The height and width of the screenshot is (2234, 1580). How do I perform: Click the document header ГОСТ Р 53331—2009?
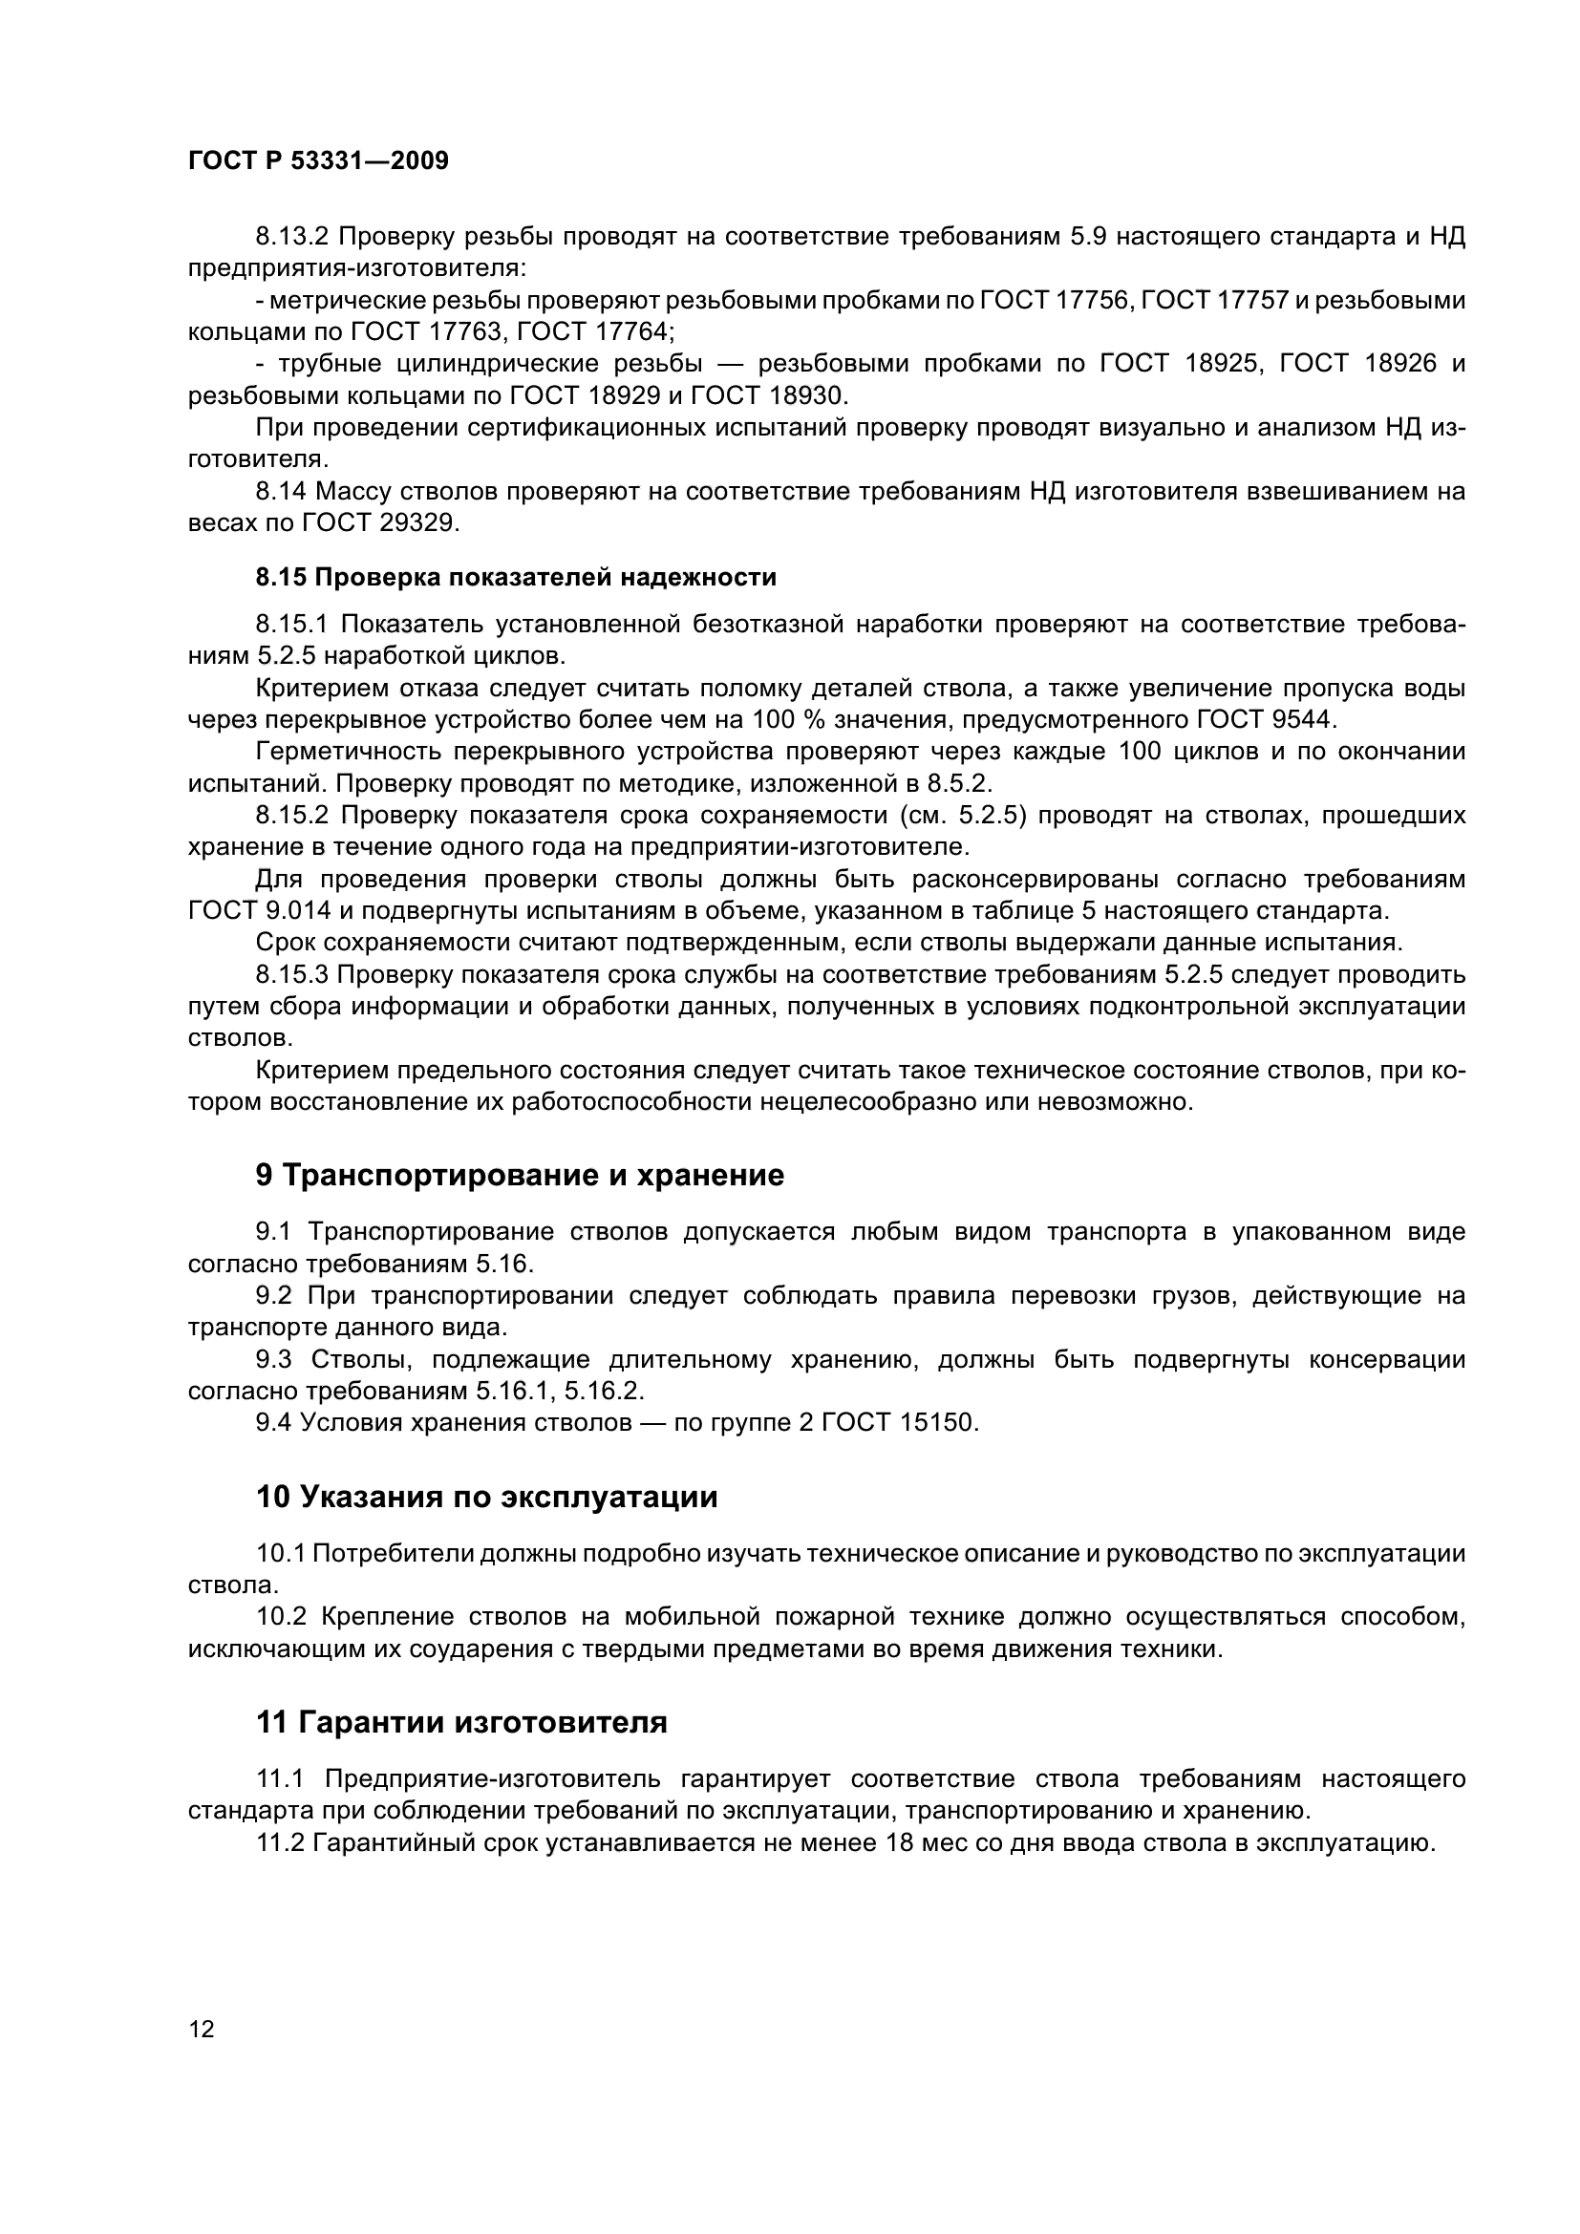(318, 161)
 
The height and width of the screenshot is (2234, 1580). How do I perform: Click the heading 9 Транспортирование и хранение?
(520, 1176)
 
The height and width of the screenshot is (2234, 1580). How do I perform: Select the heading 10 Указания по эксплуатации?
(486, 1497)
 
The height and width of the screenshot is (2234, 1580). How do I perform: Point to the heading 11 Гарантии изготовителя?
(461, 1722)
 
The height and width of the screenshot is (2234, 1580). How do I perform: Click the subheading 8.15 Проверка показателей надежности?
(516, 577)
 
